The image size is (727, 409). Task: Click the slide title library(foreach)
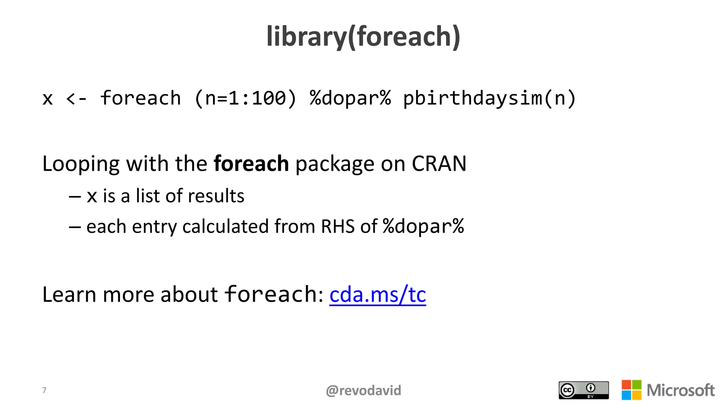pos(363,37)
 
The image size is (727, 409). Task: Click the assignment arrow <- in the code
pos(76,99)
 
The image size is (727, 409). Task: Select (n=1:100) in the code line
pos(245,98)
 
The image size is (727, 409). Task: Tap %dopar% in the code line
pos(350,98)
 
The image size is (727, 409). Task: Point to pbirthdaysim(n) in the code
pos(489,98)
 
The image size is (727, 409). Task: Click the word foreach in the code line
pos(141,98)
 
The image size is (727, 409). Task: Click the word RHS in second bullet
pos(338,227)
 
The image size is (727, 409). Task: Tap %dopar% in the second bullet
pos(423,227)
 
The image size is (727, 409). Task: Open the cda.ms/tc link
pos(377,295)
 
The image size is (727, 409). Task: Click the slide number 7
pos(44,390)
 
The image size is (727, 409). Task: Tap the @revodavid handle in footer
pos(363,391)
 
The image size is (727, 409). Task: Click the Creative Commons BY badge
pos(583,390)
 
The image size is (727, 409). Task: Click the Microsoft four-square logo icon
pos(631,390)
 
